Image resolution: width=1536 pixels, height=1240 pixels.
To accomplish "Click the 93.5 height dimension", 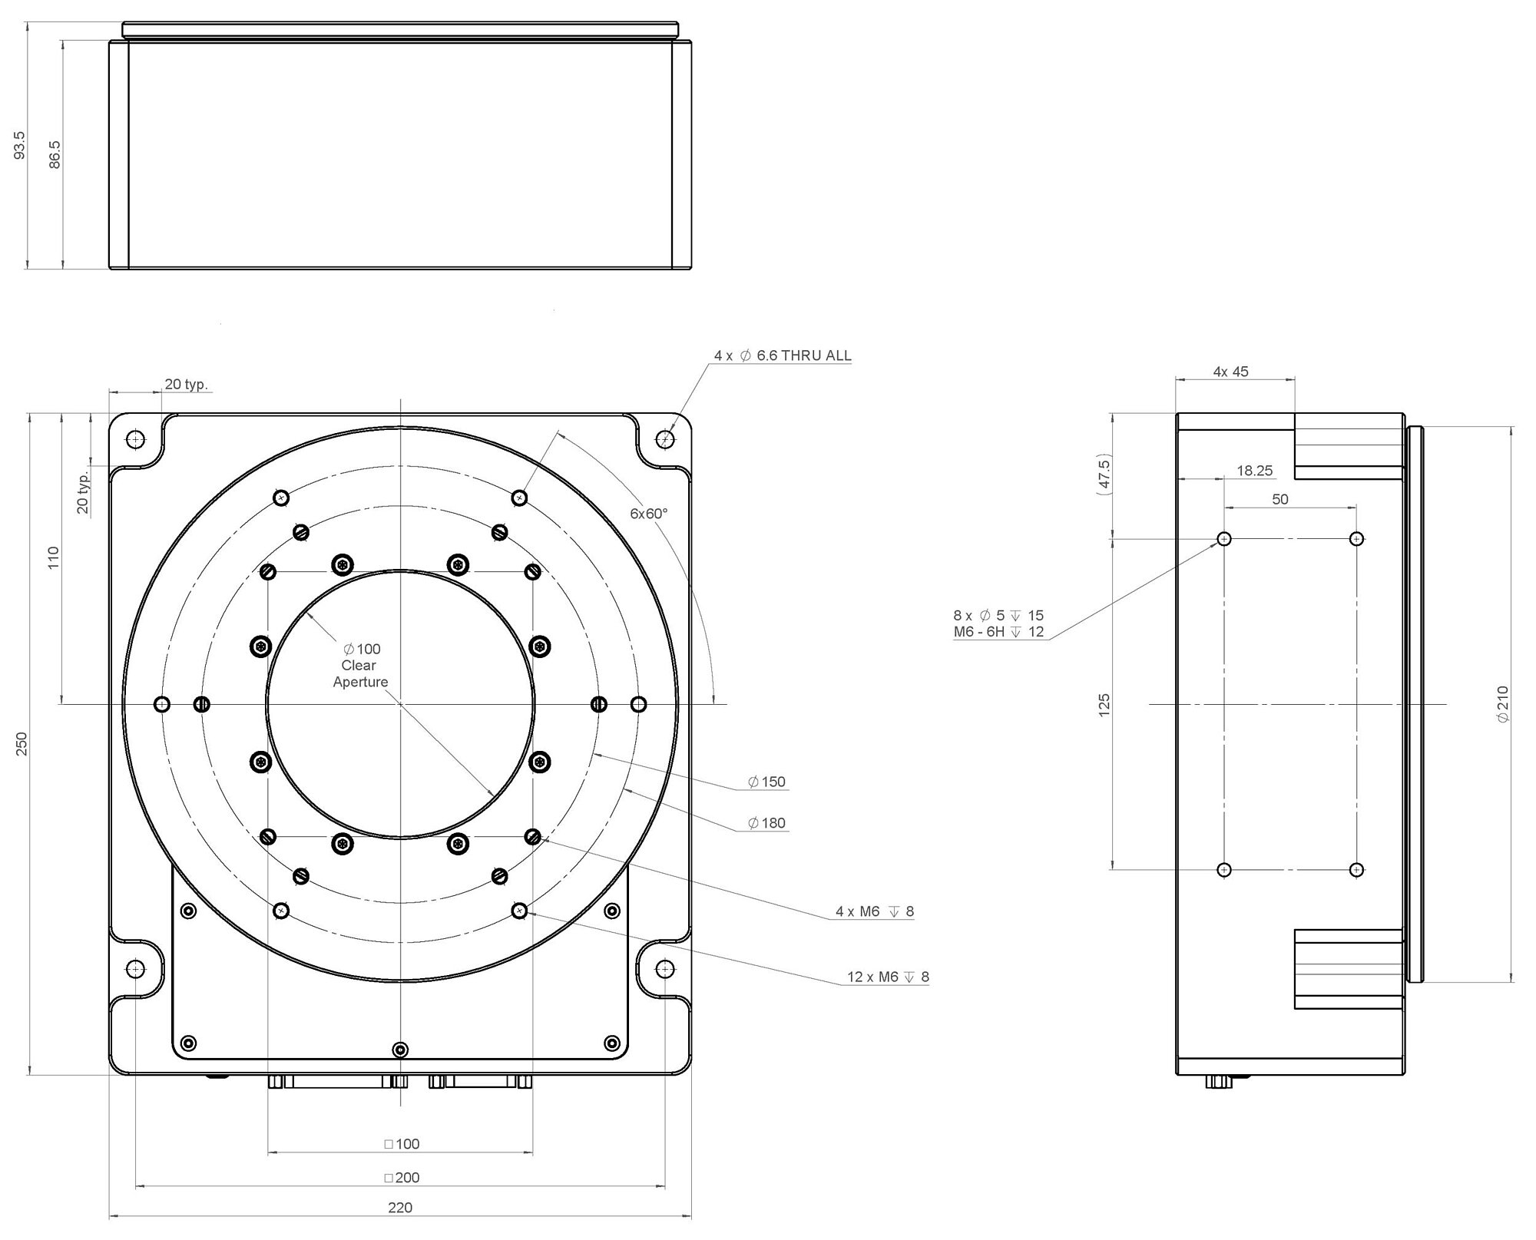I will [x=20, y=145].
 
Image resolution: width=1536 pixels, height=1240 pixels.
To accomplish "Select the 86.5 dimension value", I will [x=55, y=154].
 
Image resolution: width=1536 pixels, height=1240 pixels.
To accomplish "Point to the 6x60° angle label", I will [x=649, y=514].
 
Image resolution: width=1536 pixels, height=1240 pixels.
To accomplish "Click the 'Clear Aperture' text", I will [x=359, y=673].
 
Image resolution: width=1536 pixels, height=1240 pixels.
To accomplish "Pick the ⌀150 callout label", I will [x=766, y=782].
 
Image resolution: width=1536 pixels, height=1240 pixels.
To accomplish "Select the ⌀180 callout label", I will [x=766, y=823].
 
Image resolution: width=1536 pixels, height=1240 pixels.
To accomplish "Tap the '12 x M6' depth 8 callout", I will [x=887, y=977].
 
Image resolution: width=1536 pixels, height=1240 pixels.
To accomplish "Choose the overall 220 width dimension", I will [x=400, y=1208].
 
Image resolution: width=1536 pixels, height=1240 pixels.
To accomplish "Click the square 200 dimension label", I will [x=402, y=1177].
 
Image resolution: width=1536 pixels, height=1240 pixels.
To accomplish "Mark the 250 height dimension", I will [x=22, y=743].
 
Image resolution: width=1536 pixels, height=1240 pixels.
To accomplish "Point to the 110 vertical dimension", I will [x=53, y=557].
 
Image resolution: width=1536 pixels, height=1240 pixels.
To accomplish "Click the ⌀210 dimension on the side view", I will [x=1502, y=703].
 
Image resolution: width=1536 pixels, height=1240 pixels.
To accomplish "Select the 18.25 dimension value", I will [x=1254, y=471].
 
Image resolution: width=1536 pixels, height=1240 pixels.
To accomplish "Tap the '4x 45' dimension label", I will [x=1230, y=372].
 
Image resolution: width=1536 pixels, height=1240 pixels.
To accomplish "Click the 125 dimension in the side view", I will [x=1104, y=705].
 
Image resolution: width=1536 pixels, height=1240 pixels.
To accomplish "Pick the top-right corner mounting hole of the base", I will [x=665, y=439].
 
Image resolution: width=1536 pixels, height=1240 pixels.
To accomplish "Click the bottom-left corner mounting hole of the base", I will [x=135, y=969].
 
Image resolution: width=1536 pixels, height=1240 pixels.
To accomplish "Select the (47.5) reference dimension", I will [x=1104, y=476].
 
